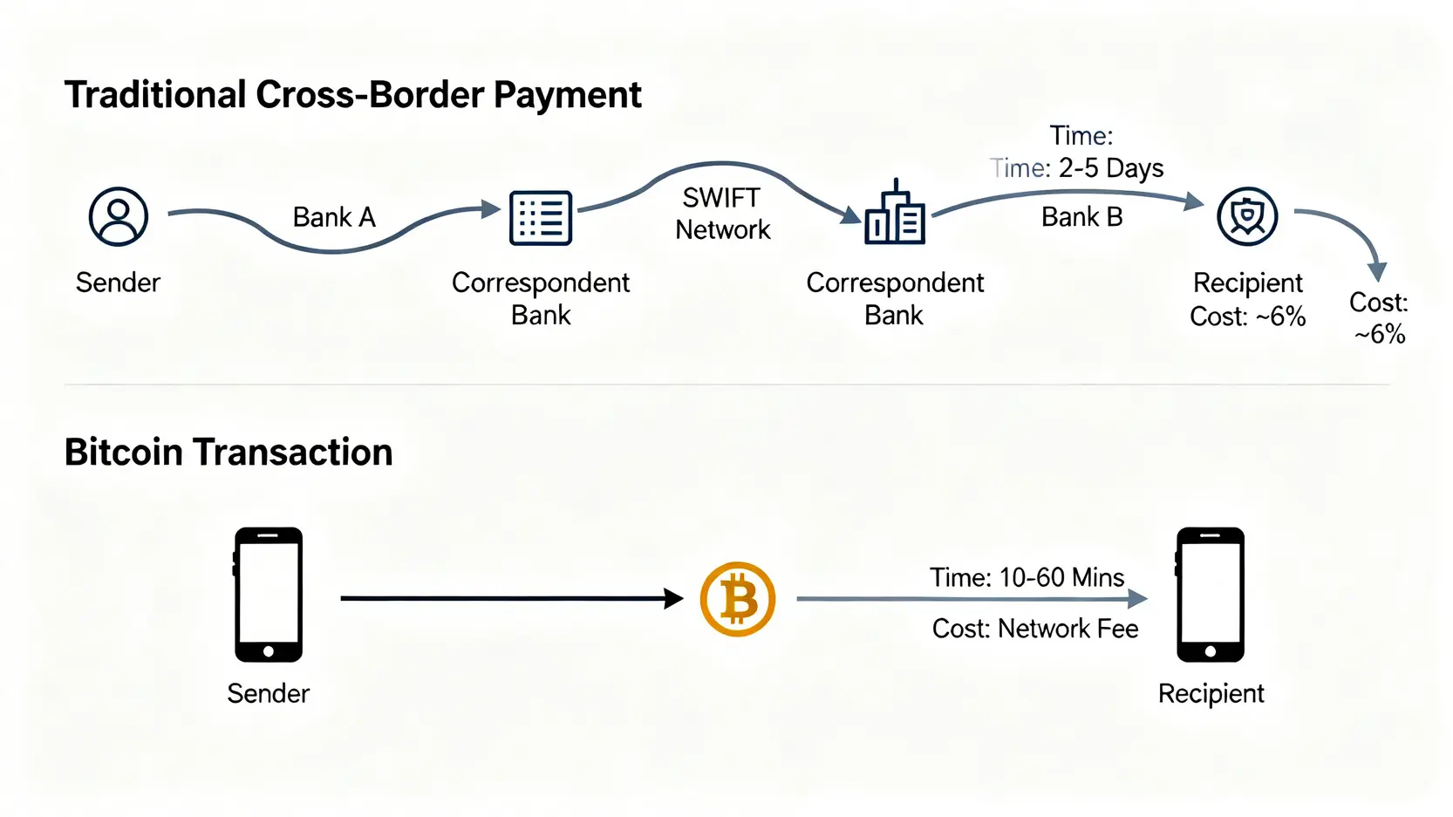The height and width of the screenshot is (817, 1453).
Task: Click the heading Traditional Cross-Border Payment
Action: click(x=352, y=95)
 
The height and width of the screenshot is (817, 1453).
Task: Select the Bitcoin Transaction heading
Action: click(x=229, y=453)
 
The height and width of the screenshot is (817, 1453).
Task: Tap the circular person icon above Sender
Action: click(x=119, y=216)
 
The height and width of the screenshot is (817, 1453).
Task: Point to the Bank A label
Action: click(x=334, y=217)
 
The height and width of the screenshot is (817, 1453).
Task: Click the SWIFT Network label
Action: click(x=722, y=214)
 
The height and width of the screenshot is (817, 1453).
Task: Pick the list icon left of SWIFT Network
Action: click(x=541, y=217)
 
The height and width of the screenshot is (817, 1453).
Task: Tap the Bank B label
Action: click(x=1081, y=217)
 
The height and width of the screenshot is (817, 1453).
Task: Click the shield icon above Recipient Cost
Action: click(x=1247, y=216)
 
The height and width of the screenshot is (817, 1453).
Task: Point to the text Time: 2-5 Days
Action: click(x=1077, y=167)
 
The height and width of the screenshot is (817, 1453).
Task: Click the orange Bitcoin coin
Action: click(x=738, y=599)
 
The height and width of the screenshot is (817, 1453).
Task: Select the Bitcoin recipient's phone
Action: click(x=1211, y=595)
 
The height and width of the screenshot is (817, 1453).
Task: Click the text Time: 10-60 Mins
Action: click(x=1027, y=577)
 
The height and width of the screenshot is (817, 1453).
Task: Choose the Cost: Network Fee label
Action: click(x=1035, y=629)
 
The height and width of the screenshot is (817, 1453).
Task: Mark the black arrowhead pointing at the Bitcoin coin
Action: click(x=673, y=598)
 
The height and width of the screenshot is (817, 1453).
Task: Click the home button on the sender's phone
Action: click(x=269, y=651)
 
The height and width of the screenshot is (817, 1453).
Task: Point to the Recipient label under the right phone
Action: click(x=1211, y=693)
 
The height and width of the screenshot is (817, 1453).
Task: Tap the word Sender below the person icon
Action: click(x=118, y=283)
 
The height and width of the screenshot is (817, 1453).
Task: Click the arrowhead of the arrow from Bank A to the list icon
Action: click(x=491, y=209)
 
